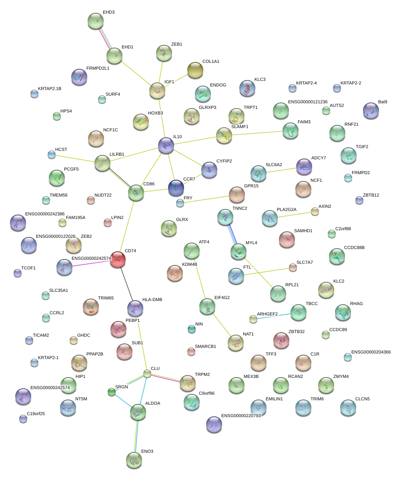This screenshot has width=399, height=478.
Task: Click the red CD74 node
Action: point(118,259)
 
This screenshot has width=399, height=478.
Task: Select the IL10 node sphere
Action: point(166,145)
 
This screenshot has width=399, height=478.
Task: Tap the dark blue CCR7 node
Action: point(176,188)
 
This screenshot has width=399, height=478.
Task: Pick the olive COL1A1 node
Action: point(195,70)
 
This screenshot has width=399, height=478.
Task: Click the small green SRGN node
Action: point(112,392)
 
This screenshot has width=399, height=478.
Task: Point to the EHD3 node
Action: point(96,21)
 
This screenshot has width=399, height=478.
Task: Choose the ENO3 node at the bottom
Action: point(134,460)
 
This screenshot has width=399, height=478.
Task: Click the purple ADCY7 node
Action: point(304,167)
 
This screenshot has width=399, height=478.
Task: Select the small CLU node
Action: point(147,374)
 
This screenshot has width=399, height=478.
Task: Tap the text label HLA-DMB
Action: point(152,300)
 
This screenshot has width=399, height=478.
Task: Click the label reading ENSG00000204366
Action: point(371,352)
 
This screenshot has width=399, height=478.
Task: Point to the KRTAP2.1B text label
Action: point(50,89)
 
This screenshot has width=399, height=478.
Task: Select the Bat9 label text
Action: point(383,102)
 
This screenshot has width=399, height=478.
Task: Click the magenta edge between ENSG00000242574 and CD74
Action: point(91,264)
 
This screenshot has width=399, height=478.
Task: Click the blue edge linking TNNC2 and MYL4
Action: point(232,235)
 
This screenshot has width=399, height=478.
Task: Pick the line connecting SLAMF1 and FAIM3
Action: point(257,133)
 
